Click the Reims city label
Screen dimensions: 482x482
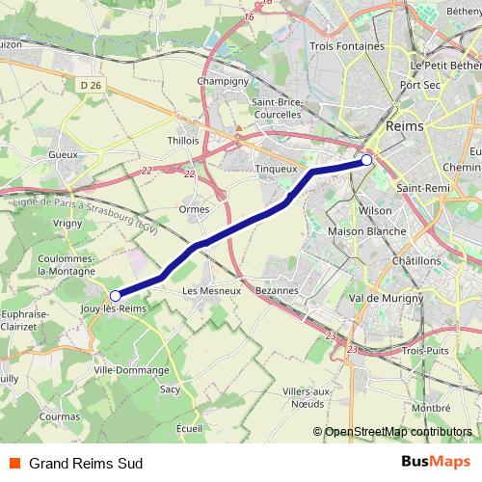click(404, 126)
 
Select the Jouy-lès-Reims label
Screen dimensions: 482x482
click(115, 309)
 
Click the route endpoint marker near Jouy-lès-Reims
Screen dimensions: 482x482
click(116, 295)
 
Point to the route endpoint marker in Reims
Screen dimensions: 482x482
click(367, 160)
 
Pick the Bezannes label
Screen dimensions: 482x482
click(280, 290)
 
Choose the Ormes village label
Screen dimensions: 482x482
click(195, 208)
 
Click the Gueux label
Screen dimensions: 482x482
click(62, 154)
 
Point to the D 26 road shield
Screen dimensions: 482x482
click(92, 85)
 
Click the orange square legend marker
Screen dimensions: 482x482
click(15, 463)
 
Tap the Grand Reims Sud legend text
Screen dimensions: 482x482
click(86, 463)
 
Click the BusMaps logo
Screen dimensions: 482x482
click(435, 462)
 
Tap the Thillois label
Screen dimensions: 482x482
click(183, 140)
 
